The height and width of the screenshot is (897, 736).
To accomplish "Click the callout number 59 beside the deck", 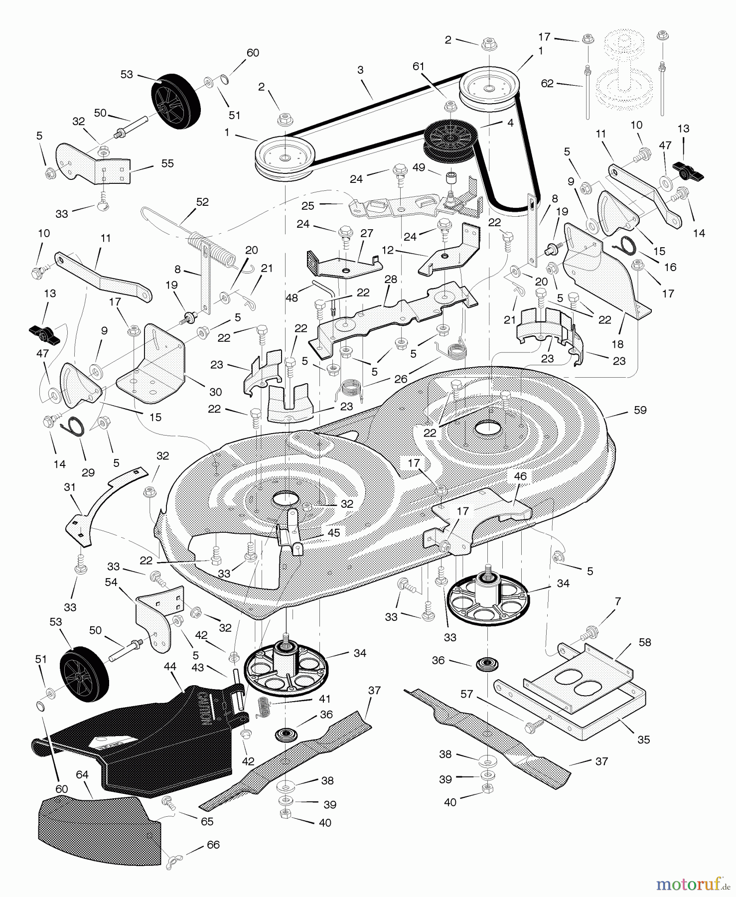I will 640,410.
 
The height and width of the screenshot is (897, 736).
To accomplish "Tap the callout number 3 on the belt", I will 360,70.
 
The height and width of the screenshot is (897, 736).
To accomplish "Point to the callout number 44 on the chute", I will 170,666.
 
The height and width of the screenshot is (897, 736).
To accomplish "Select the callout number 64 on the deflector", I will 82,775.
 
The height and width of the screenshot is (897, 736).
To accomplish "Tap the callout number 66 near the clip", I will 213,845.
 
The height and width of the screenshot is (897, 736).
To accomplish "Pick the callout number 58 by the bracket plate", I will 645,642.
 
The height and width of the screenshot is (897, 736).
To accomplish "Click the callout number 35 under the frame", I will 644,740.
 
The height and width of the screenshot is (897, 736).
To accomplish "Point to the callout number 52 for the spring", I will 202,202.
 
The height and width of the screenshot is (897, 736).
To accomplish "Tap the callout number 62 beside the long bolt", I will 547,83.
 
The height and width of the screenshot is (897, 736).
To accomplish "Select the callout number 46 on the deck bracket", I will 520,476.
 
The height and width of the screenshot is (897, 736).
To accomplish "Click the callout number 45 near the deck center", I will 333,533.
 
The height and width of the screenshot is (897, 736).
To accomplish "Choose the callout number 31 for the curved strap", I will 69,486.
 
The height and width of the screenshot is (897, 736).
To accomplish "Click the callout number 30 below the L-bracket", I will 216,392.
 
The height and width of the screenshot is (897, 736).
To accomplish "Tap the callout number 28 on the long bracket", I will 391,279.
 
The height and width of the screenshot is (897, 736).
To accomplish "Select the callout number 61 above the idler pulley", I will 418,66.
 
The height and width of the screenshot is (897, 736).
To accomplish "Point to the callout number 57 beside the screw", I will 466,694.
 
